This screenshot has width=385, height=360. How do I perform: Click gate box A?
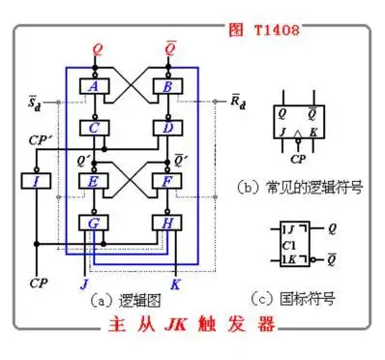95,87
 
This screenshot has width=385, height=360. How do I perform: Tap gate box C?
95,127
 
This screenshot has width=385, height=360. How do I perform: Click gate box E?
95,179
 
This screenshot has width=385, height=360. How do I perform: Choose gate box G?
95,223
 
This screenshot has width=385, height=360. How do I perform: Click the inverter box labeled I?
36,180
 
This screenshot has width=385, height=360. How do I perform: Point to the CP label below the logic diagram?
38,284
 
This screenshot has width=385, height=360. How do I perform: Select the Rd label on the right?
237,100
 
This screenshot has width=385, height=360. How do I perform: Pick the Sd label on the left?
36,100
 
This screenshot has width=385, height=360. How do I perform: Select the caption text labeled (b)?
299,185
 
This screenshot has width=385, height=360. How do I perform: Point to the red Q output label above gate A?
96,47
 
